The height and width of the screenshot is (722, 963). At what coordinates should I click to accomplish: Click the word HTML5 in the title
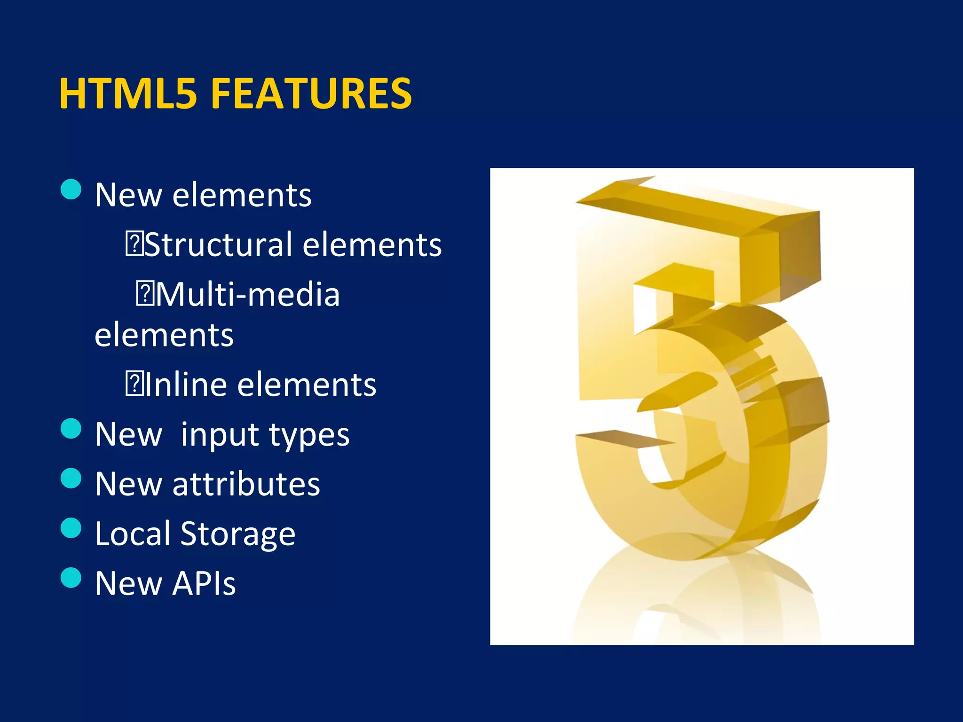pos(127,94)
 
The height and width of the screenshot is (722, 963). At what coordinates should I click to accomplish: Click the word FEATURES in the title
pos(311,94)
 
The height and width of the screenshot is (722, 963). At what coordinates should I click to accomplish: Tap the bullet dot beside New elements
pos(71,189)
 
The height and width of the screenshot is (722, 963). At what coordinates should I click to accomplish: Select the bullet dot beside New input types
pos(71,428)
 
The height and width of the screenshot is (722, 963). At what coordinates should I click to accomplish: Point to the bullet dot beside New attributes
pos(71,479)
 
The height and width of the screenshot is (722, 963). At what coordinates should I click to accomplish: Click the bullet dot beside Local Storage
pos(71,528)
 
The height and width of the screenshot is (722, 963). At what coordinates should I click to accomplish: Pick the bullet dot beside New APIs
pos(71,578)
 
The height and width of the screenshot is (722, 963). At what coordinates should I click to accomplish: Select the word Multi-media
pos(248,295)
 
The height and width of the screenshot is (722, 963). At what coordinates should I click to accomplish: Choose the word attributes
pos(246,484)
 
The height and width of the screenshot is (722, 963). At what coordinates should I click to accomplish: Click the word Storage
pos(238,534)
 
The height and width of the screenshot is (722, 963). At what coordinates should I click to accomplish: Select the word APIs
pos(204,583)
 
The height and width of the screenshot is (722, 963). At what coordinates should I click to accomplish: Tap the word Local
pos(133,534)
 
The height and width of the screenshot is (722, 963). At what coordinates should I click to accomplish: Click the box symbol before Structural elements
pos(134,245)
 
